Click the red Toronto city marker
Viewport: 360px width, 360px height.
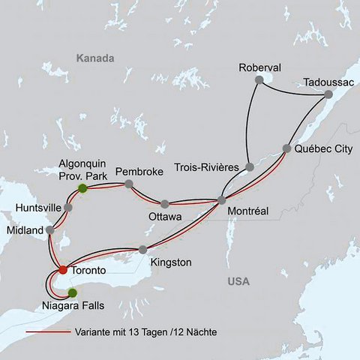point(63,270)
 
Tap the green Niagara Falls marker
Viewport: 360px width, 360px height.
point(72,292)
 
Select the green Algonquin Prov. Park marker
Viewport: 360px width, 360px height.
point(82,188)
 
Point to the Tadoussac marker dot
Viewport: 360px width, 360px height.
point(328,95)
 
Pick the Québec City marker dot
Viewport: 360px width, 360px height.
point(286,148)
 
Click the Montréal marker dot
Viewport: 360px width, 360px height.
point(221,200)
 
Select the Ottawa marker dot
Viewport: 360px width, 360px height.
point(164,203)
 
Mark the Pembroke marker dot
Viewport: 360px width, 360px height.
point(129,184)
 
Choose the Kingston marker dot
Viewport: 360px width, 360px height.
point(142,250)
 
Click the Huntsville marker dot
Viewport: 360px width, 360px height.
point(68,207)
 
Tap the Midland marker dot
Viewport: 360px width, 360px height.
point(49,230)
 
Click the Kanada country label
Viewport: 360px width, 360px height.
point(95,58)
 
